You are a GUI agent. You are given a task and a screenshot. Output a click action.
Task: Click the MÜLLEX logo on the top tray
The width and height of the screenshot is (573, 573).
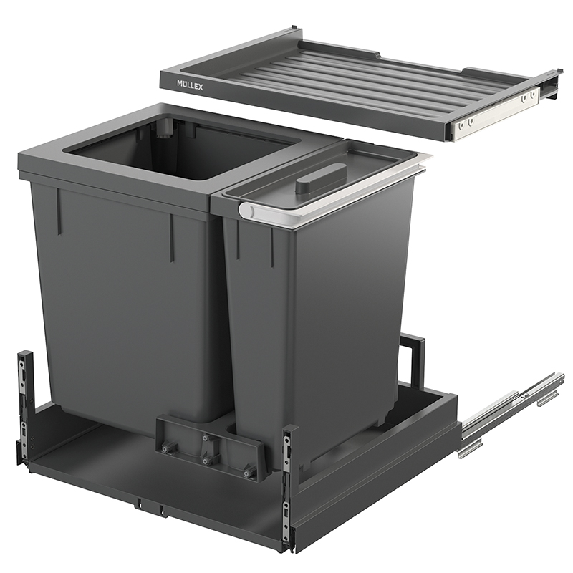click(x=190, y=85)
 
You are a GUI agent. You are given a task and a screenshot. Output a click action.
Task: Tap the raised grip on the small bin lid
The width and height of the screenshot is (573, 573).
click(x=320, y=178)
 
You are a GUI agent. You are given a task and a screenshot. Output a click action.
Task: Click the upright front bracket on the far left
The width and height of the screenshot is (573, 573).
click(x=24, y=405)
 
